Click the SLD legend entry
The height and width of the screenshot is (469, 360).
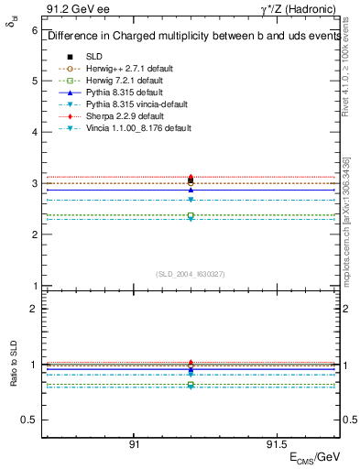(x=93, y=56)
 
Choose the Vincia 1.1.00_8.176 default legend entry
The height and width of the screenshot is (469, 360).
(x=137, y=127)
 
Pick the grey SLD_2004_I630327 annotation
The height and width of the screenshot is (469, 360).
(x=190, y=273)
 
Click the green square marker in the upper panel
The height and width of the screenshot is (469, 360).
(x=191, y=215)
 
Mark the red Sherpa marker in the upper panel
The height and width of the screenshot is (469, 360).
(x=191, y=177)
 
